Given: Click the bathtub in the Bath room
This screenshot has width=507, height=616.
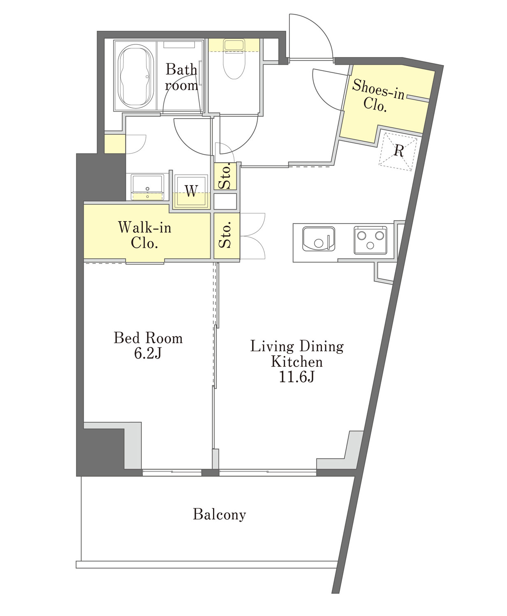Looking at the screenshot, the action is click(x=135, y=76).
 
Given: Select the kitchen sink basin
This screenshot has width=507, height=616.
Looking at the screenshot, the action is click(x=318, y=239).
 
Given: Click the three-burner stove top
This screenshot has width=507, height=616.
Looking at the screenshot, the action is click(x=370, y=240).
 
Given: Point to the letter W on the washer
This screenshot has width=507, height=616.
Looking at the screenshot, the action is click(x=191, y=191).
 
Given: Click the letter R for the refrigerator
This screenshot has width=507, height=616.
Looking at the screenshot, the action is click(x=399, y=151).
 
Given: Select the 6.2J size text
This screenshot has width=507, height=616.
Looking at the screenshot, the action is click(x=148, y=354).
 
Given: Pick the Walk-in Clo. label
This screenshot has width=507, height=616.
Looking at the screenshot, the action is click(x=144, y=235).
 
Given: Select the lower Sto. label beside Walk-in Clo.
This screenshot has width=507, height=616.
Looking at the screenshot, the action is click(x=225, y=235).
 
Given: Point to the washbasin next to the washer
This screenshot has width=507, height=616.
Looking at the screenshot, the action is click(x=147, y=187).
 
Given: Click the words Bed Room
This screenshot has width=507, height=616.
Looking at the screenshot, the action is click(x=148, y=338).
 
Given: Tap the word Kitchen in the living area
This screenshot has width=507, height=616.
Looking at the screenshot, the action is click(x=297, y=362).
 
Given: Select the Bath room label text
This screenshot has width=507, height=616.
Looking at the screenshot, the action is click(x=181, y=77).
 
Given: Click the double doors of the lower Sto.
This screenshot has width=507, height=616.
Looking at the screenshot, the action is click(x=252, y=236).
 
